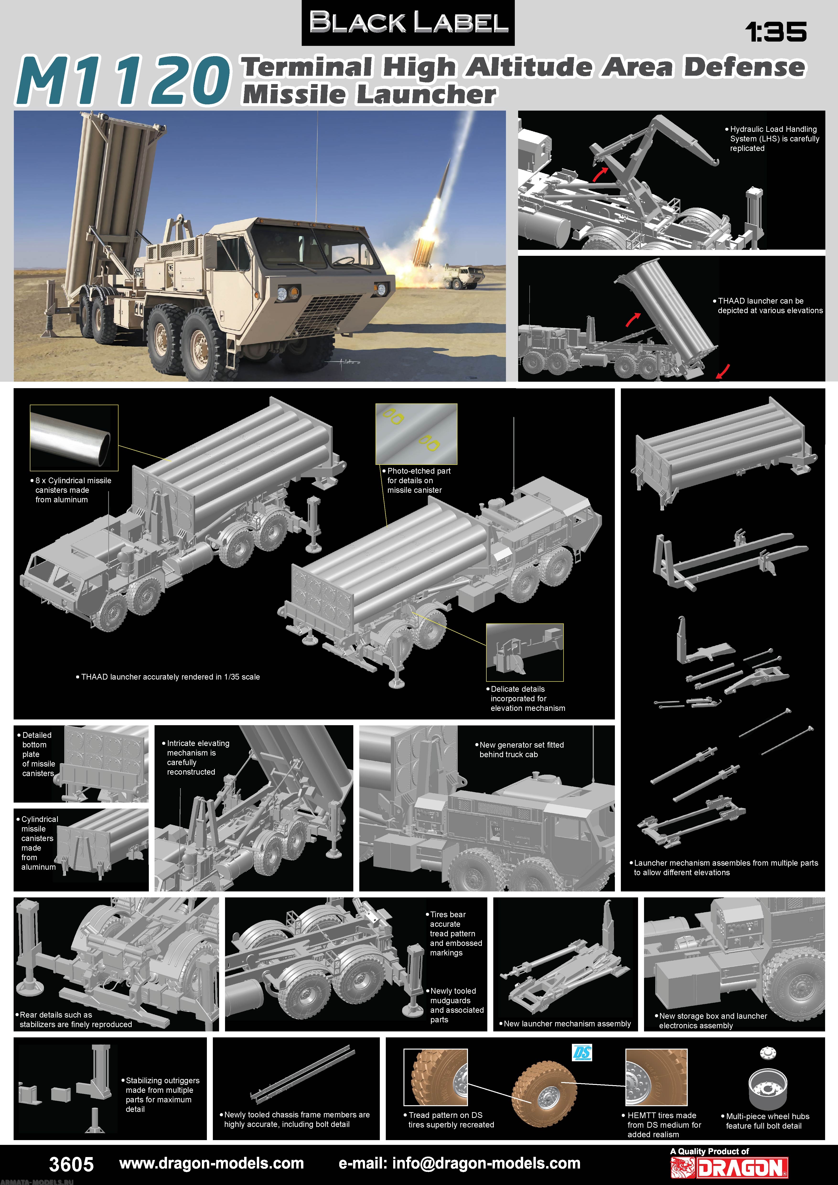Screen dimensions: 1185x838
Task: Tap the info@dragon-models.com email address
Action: tap(459, 1163)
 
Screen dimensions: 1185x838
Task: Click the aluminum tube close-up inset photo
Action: tap(74, 437)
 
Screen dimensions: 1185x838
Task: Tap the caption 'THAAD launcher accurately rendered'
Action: tap(170, 677)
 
